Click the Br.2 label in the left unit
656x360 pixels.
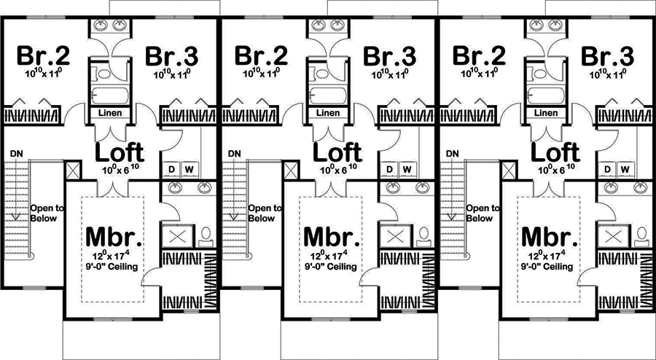[43, 56]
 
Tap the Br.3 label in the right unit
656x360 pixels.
[607, 56]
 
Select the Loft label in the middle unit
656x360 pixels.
[337, 152]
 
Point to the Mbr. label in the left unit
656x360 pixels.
[114, 237]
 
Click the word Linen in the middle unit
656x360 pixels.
[329, 113]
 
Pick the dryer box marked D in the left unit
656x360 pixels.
[171, 169]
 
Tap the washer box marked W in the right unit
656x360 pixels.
[625, 169]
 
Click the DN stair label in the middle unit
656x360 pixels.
[234, 154]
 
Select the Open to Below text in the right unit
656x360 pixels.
[483, 214]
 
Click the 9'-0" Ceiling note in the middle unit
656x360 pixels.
[332, 266]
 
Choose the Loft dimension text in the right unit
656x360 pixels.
[555, 170]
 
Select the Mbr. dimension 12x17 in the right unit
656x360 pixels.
[549, 256]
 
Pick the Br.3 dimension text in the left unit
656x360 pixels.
[172, 74]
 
